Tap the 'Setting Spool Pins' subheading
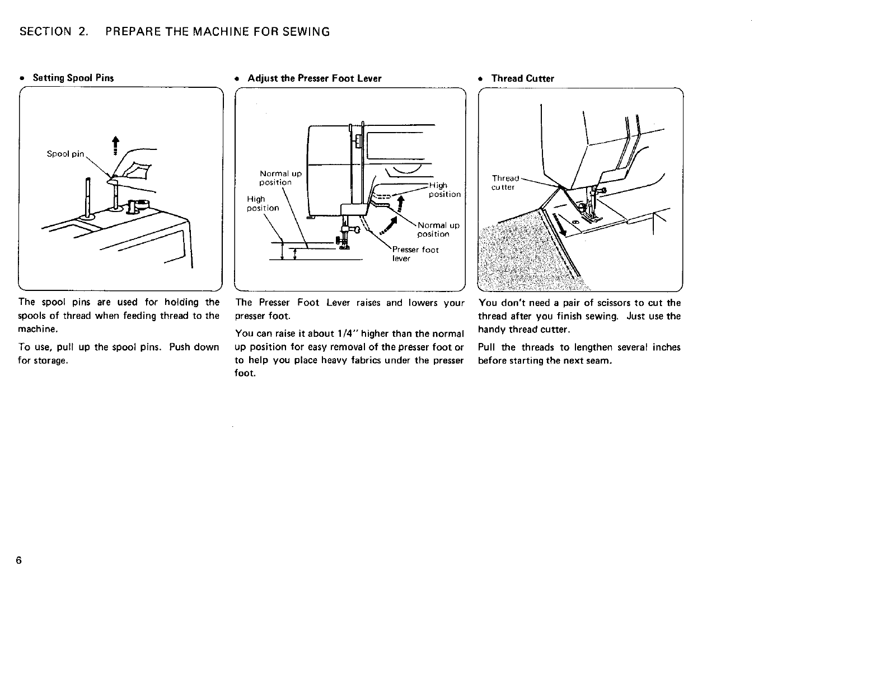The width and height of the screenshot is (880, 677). click(73, 78)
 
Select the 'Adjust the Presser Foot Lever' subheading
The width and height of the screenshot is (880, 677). click(314, 78)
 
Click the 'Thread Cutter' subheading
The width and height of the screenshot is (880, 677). click(522, 78)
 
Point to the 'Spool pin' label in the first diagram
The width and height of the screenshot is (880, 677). click(65, 154)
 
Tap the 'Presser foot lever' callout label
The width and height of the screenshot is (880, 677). click(415, 254)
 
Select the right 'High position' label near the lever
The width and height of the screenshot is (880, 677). click(444, 190)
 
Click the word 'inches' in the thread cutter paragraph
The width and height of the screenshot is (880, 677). click(666, 347)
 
